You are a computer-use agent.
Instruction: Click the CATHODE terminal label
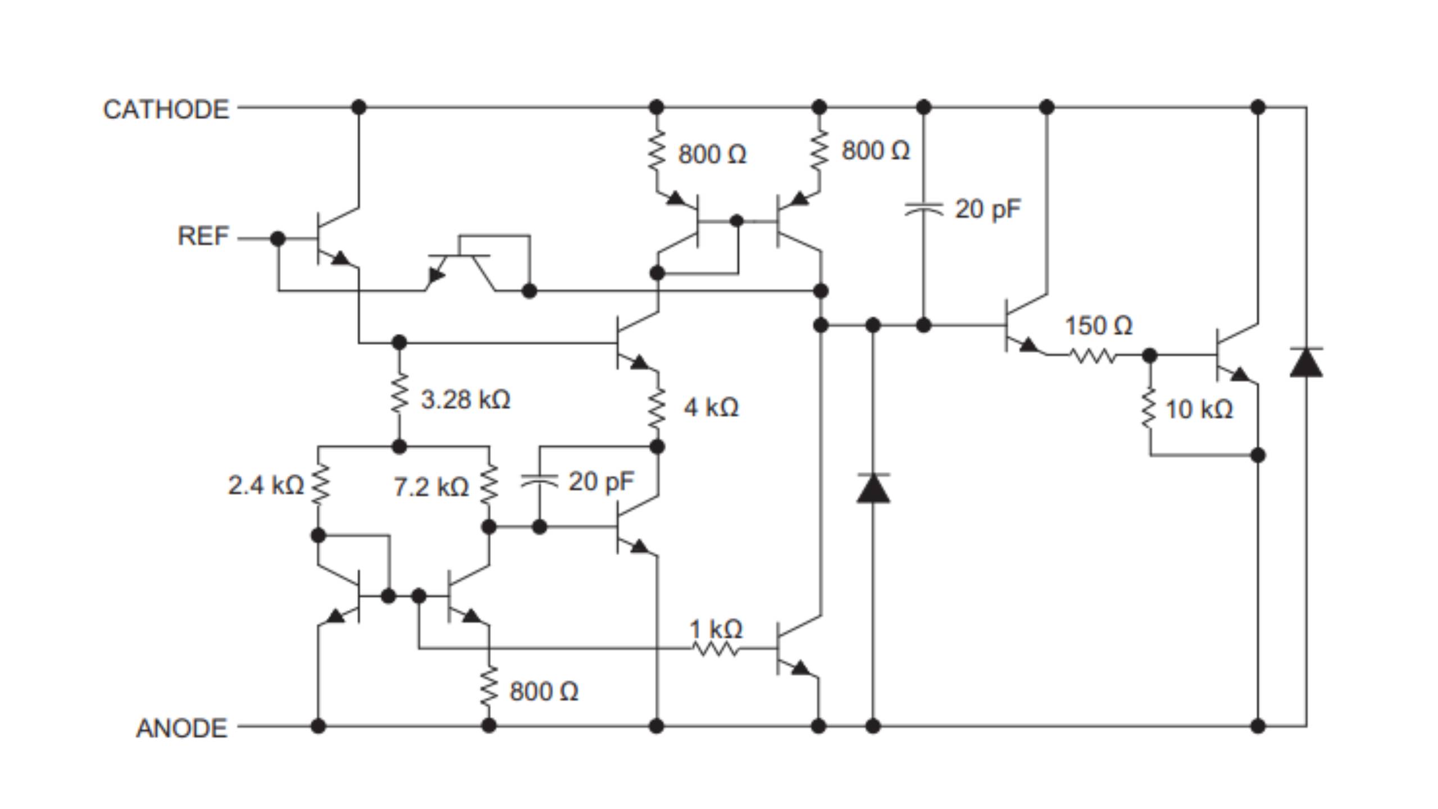tap(166, 109)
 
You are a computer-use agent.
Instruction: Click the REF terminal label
tap(203, 236)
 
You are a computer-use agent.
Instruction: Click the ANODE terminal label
tap(181, 728)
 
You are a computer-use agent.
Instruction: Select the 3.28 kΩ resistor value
tap(465, 400)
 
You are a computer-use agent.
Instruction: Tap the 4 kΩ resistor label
tap(711, 407)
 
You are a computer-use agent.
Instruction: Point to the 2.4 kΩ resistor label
tap(266, 485)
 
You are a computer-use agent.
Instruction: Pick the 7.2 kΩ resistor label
tap(431, 487)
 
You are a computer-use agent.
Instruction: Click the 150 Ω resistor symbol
tap(1092, 356)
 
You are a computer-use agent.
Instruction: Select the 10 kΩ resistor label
tap(1199, 410)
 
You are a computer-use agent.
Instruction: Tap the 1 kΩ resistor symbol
tap(715, 649)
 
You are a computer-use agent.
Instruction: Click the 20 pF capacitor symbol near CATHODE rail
tap(923, 210)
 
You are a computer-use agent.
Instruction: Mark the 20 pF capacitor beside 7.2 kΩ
tap(539, 481)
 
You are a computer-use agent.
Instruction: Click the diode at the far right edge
tap(1306, 363)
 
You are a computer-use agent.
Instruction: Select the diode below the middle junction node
tap(873, 488)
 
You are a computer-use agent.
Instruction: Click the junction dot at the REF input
tap(277, 238)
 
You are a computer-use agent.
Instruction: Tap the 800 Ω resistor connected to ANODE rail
tap(489, 685)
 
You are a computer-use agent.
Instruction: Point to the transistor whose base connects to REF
tap(334, 238)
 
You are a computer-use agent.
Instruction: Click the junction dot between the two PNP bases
tap(737, 221)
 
